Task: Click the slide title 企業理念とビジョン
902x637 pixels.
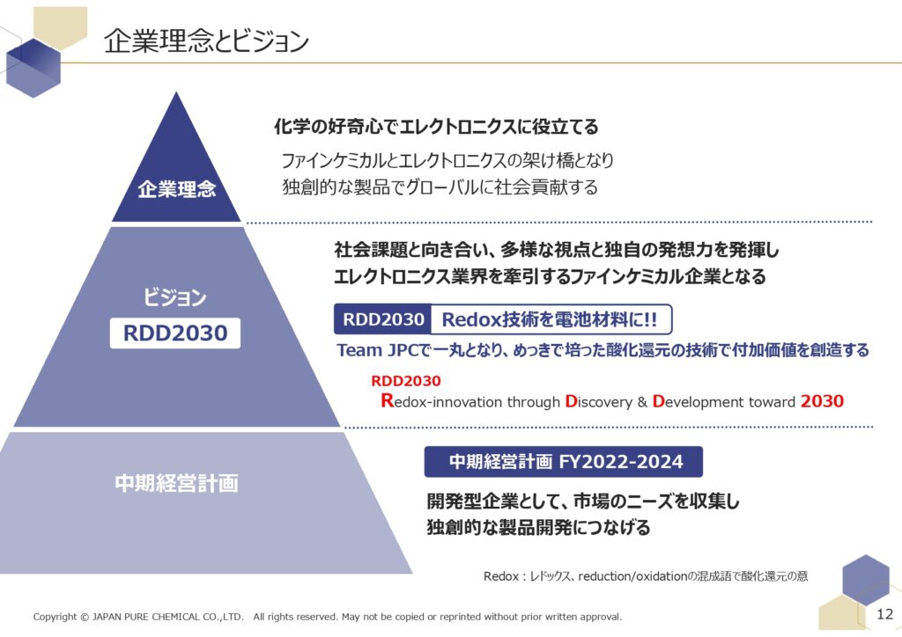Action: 206,41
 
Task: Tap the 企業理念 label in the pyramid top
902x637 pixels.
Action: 176,189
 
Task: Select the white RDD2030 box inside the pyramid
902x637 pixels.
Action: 175,333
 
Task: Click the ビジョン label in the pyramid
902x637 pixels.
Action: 175,297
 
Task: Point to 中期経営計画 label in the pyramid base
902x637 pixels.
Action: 176,483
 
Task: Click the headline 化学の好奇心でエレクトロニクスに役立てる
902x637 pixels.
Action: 436,127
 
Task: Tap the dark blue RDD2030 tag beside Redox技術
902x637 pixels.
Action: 382,319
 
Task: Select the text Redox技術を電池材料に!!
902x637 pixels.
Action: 550,320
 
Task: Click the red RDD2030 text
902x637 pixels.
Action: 405,381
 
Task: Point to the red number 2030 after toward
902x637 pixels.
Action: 822,401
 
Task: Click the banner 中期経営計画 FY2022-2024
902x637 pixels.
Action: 564,462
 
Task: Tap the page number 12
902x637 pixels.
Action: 884,614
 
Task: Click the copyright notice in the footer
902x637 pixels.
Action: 328,617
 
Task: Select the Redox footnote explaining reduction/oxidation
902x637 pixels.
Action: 646,576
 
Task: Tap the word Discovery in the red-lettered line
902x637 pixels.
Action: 598,401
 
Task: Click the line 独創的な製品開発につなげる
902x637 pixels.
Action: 538,527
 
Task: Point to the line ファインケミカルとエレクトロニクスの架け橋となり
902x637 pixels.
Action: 447,160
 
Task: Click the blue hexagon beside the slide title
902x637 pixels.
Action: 33,68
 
